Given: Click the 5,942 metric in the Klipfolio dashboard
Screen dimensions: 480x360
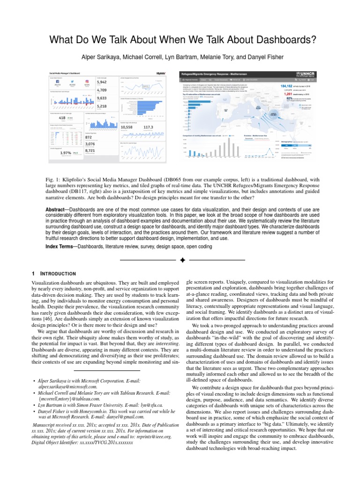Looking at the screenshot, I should (102, 82).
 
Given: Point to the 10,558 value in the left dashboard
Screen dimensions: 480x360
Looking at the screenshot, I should (127, 127).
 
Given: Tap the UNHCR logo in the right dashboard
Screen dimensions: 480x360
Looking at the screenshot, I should (303, 75).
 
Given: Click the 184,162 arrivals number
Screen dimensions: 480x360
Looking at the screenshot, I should (286, 86).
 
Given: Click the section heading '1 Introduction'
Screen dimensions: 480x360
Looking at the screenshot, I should (53, 273).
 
